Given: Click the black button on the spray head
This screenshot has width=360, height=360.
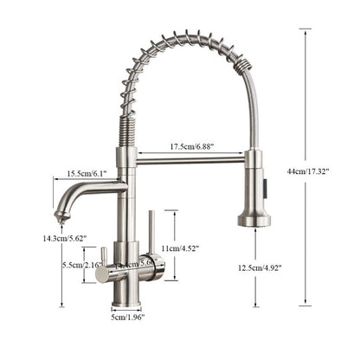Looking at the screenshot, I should [266, 184].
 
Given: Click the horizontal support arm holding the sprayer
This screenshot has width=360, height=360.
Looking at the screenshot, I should [190, 160].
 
